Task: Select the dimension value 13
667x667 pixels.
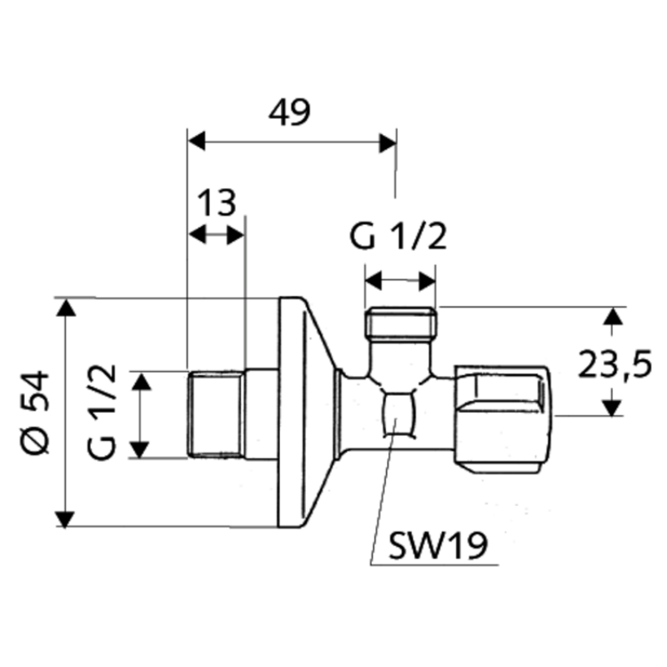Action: [217, 203]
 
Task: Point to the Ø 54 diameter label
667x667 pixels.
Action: [38, 413]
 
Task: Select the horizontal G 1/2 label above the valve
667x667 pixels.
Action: [399, 238]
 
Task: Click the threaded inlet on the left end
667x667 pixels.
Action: [215, 414]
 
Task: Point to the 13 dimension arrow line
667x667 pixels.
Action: [217, 235]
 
